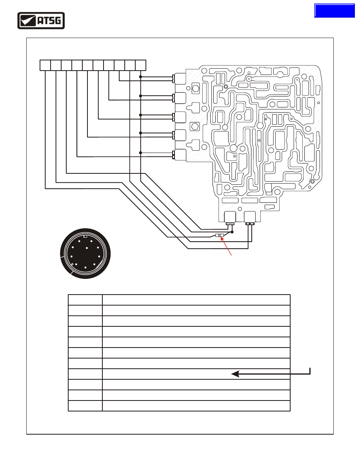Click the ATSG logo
point(41,20)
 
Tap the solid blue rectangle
point(335,11)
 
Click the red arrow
point(226,246)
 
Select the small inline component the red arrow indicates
point(219,236)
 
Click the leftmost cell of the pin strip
point(45,66)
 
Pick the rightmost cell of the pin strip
point(141,66)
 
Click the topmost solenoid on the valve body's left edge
point(179,79)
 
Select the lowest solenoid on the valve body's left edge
point(179,155)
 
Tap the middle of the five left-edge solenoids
point(179,117)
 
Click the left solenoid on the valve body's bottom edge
point(230,218)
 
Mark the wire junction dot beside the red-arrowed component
point(232,232)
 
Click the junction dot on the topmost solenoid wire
point(140,76)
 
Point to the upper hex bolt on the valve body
point(196,88)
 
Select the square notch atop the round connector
point(85,237)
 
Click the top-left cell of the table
point(85,300)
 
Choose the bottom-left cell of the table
point(85,406)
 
